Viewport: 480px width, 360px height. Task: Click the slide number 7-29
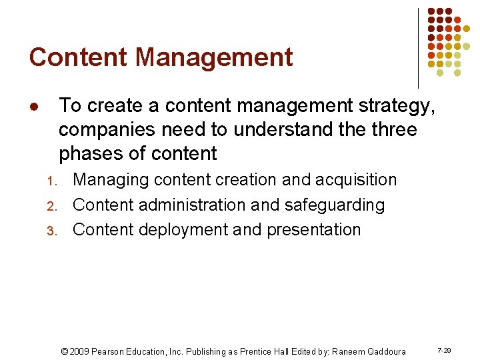pyautogui.click(x=444, y=350)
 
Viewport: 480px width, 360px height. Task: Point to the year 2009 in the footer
pyautogui.click(x=79, y=351)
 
